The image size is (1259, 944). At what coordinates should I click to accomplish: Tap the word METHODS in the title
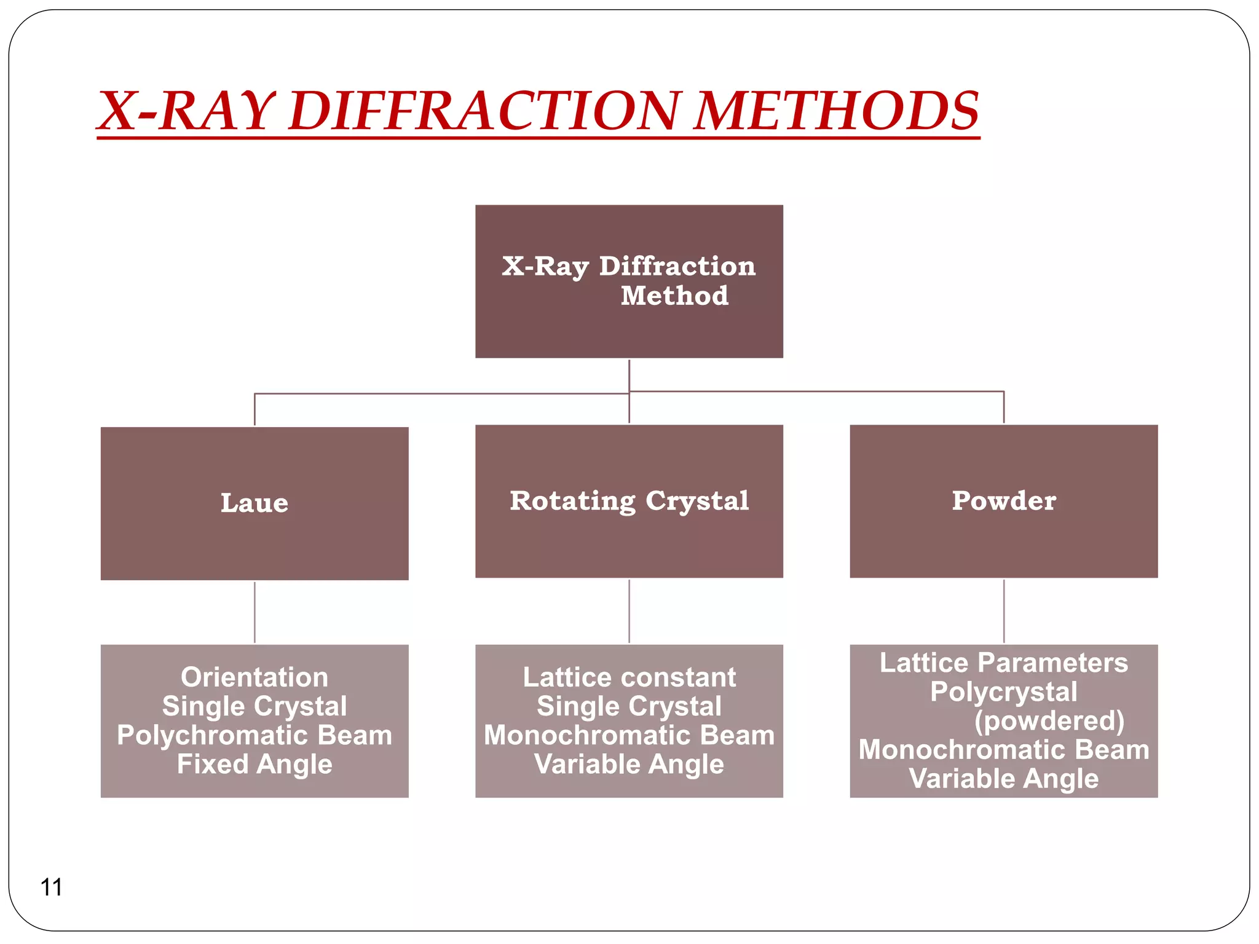836,111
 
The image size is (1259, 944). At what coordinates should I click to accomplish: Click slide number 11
51,887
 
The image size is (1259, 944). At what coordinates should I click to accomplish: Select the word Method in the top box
674,296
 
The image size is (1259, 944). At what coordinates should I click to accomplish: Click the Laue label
255,503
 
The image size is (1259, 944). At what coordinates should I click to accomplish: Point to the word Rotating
572,500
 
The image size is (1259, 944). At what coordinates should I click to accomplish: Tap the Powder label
1004,500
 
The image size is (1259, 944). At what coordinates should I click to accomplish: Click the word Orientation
255,677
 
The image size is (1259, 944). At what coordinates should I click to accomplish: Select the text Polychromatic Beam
255,735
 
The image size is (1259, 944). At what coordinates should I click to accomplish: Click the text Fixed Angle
255,764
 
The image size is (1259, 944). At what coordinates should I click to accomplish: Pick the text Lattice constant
629,677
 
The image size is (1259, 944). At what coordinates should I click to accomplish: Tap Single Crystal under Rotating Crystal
629,706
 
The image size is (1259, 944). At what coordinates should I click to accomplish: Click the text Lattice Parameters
1004,663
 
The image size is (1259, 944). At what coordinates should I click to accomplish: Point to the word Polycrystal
1004,691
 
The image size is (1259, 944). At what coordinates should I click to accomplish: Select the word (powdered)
1049,720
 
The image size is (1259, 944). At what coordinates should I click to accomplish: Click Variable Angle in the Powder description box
1004,778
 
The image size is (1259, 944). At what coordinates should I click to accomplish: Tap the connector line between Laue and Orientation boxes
255,612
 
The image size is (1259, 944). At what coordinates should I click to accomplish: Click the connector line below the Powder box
1004,611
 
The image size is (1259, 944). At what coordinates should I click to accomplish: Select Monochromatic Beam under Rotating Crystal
629,735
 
